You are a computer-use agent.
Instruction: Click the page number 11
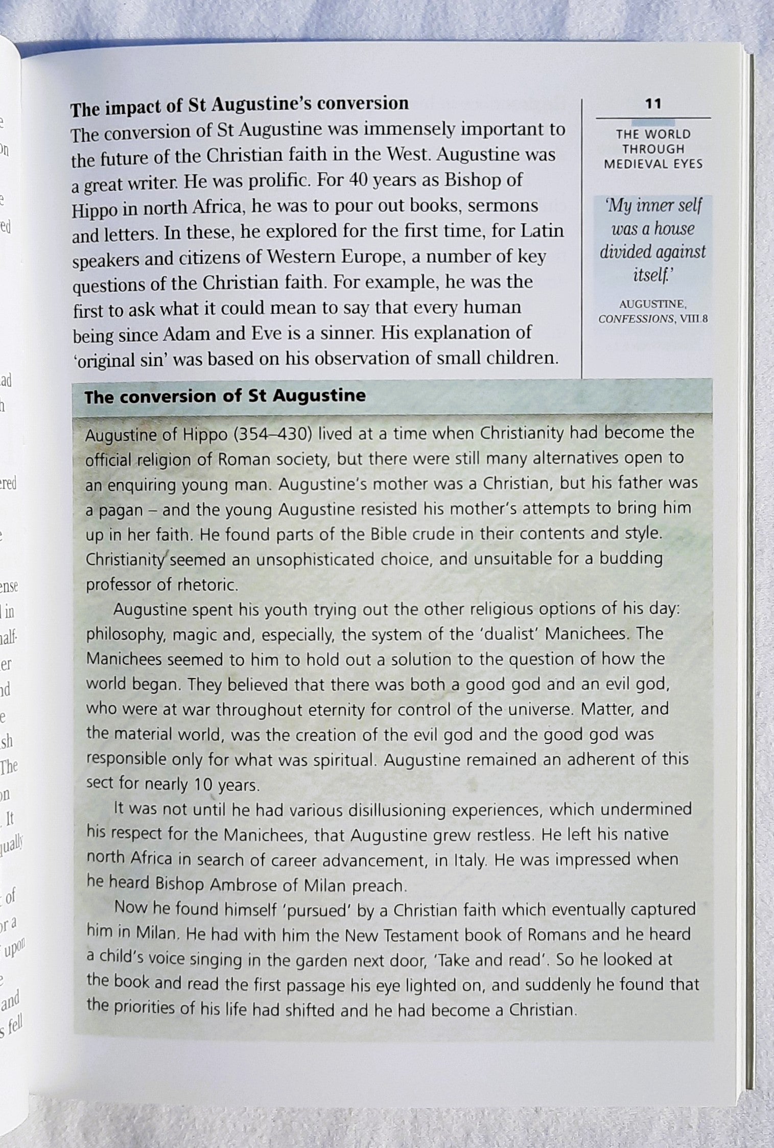(653, 104)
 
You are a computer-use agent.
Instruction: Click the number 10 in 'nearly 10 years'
(203, 785)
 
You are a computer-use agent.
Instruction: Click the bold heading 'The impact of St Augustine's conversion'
(239, 104)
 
